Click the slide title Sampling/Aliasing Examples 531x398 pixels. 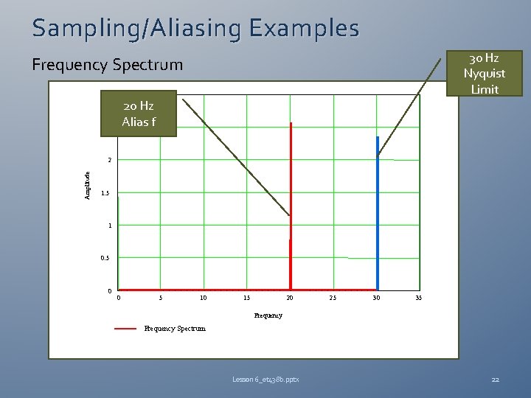[x=195, y=28]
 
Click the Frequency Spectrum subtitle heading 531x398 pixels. [x=108, y=65]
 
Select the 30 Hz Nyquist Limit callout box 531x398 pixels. [x=484, y=73]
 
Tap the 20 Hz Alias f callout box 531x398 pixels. [x=139, y=114]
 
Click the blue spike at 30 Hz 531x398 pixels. [x=378, y=214]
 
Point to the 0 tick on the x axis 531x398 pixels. [x=119, y=298]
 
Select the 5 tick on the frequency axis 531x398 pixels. [x=161, y=298]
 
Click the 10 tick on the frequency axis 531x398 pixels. [x=203, y=298]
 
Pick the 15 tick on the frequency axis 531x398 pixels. [x=246, y=298]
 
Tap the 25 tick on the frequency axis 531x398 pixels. [x=333, y=298]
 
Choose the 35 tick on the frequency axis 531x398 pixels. [x=418, y=298]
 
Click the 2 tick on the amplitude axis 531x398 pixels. [x=109, y=160]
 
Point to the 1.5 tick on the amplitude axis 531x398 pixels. [x=106, y=193]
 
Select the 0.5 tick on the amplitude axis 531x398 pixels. [x=106, y=258]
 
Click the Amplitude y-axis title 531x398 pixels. [x=87, y=185]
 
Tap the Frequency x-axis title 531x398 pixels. [x=268, y=315]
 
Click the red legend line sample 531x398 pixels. [x=125, y=329]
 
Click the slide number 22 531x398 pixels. [x=495, y=380]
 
